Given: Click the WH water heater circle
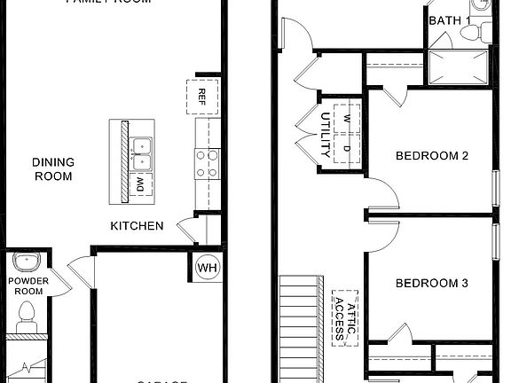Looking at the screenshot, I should point(207,268).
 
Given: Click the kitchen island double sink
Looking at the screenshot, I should point(140,152).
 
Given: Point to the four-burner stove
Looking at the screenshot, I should point(207,162).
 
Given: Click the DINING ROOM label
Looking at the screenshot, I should point(53,168).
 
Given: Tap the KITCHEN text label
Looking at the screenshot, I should point(136,226).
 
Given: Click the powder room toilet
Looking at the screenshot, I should point(27,316).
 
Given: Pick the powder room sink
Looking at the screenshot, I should point(28,263).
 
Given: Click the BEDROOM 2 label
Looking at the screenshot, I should point(431,156).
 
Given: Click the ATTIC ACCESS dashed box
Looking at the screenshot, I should point(345,317).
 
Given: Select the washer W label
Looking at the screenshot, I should point(347,118).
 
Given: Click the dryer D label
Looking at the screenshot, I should point(347,148).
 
